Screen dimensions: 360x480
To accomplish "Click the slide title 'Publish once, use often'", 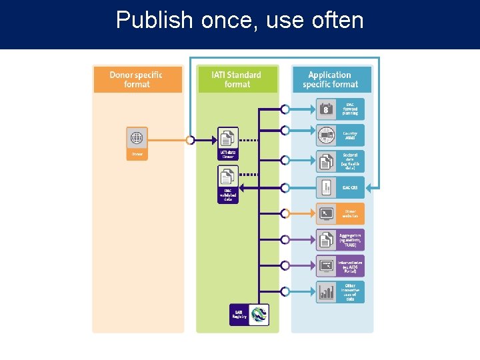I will point(240,20).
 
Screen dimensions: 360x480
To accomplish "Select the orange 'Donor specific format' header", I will point(137,79).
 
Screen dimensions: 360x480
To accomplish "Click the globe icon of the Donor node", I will point(137,138).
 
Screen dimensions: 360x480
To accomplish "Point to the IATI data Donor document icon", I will point(228,138).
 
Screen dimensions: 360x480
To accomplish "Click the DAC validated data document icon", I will point(228,177).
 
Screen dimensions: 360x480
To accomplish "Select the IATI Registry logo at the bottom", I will point(257,314).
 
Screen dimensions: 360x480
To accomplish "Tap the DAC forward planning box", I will point(341,109).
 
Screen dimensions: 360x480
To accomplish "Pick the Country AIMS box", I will point(341,135).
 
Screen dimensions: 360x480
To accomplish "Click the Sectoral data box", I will point(341,161).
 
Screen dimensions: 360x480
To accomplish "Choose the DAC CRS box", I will point(341,187).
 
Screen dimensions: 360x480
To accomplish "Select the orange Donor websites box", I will point(341,213).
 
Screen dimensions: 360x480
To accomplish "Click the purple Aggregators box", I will point(341,239).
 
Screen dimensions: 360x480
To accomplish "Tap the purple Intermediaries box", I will point(341,265).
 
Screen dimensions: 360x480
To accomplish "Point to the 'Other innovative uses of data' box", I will point(341,291).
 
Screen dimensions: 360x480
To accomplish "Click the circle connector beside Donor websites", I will point(285,213).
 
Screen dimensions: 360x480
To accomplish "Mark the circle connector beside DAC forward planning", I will point(285,109).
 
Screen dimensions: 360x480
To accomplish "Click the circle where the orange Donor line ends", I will point(191,140).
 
